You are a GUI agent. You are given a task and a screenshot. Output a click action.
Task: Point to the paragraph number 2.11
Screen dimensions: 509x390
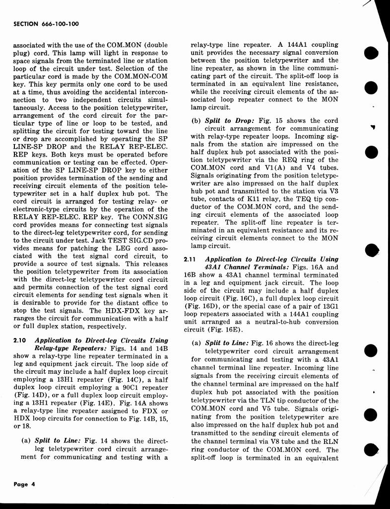191,259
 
